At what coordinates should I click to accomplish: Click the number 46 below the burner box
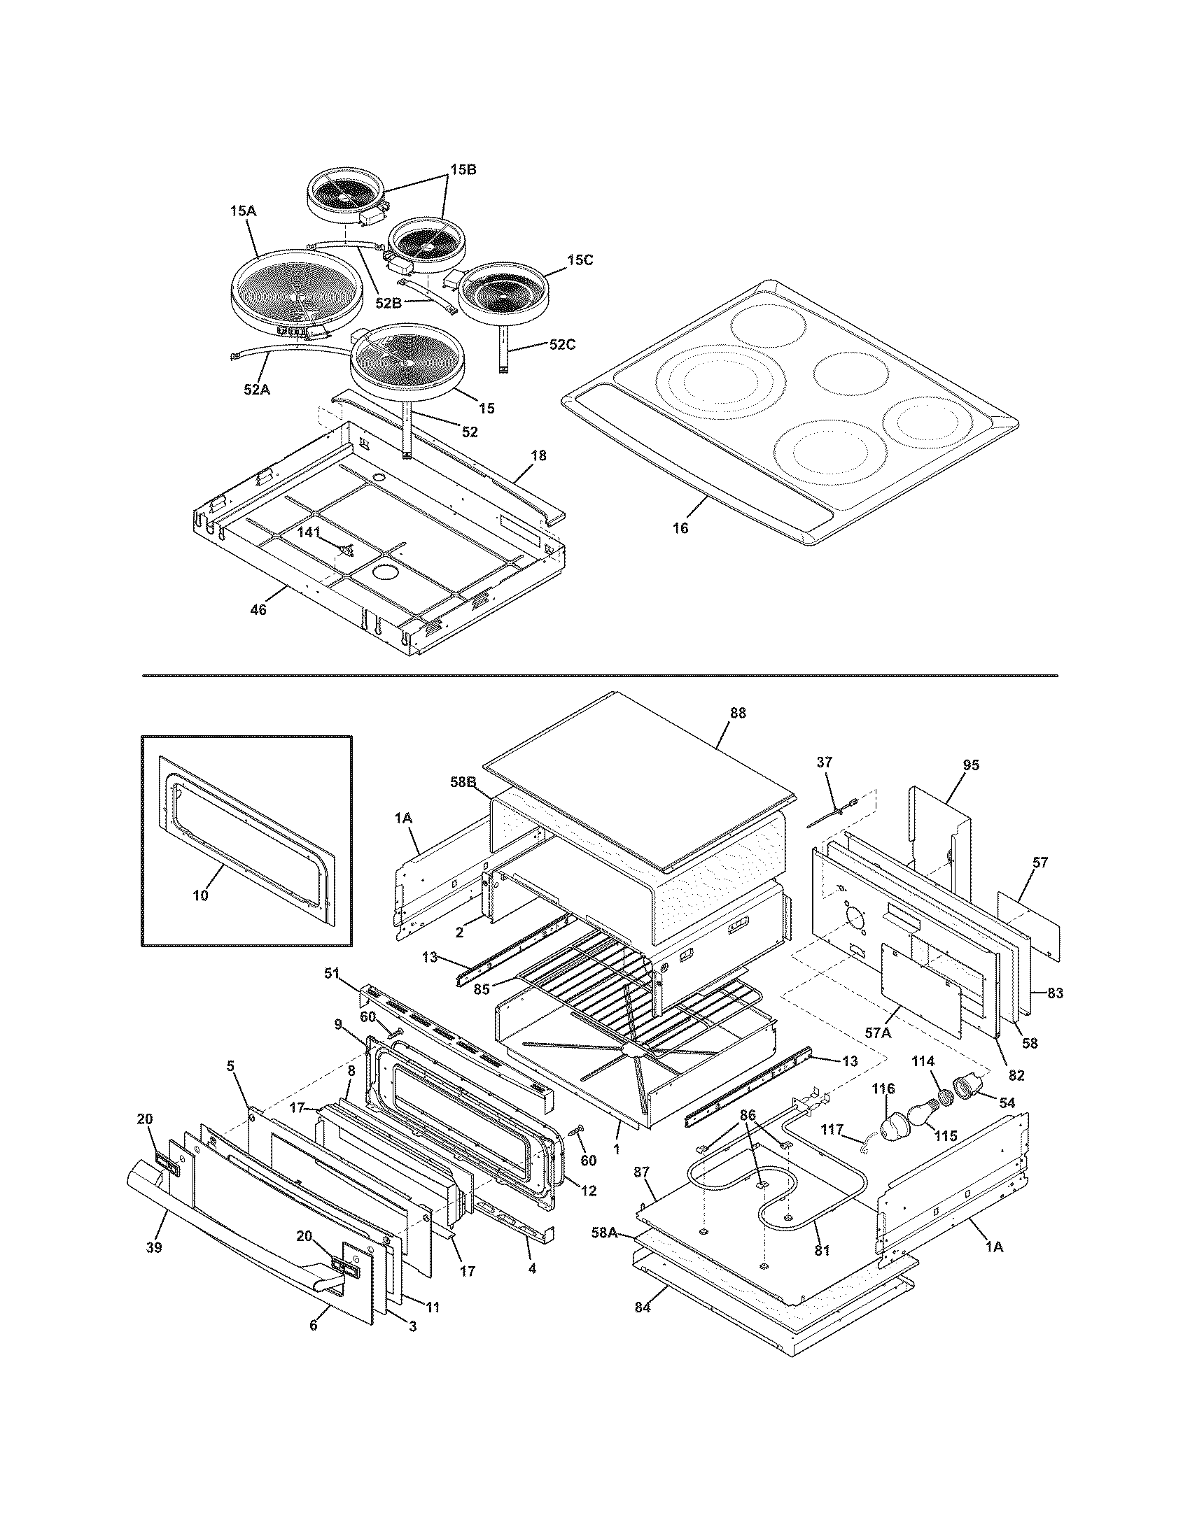(259, 609)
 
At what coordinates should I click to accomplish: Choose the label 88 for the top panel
(737, 713)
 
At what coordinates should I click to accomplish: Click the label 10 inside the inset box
(201, 895)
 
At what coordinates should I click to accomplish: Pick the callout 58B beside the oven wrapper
(464, 781)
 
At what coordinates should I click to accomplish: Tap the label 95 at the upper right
(971, 765)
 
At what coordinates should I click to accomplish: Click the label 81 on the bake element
(822, 1251)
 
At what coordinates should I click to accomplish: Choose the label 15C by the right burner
(579, 260)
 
